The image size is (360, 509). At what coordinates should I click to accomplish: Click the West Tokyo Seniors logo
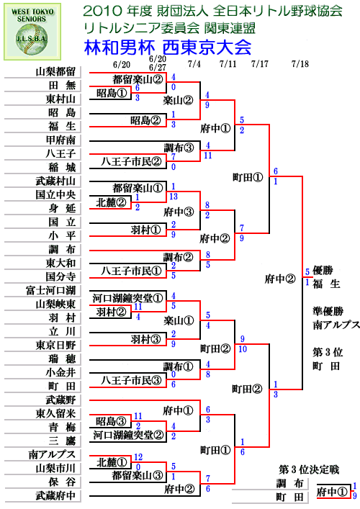click(x=32, y=32)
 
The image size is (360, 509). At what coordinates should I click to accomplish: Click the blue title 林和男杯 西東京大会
click(x=168, y=47)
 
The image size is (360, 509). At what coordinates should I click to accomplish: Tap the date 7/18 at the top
click(x=300, y=63)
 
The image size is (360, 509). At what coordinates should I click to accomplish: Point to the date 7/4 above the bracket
click(x=194, y=63)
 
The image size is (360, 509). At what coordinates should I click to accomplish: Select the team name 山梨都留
click(x=55, y=71)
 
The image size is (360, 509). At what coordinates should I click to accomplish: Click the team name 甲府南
click(x=60, y=140)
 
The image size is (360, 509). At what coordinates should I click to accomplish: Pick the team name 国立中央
click(x=55, y=195)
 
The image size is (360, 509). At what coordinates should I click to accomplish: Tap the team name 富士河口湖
click(x=50, y=290)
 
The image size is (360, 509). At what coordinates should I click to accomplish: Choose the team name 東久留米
click(x=55, y=413)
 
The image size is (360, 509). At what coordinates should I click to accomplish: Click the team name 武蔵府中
click(x=55, y=496)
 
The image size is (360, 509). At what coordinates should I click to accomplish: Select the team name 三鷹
click(x=62, y=441)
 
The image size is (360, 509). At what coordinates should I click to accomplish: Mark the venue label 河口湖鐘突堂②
click(x=128, y=435)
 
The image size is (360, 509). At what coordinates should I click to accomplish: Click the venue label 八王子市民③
click(x=132, y=380)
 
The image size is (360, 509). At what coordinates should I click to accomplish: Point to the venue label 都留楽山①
click(x=138, y=188)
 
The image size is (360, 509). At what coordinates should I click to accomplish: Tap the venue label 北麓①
click(x=112, y=462)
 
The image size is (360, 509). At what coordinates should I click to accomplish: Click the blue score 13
click(x=174, y=197)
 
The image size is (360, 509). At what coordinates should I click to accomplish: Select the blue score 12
click(x=138, y=457)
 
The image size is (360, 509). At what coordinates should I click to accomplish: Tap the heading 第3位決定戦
click(x=309, y=469)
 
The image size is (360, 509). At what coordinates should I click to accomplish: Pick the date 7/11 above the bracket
click(x=228, y=63)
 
